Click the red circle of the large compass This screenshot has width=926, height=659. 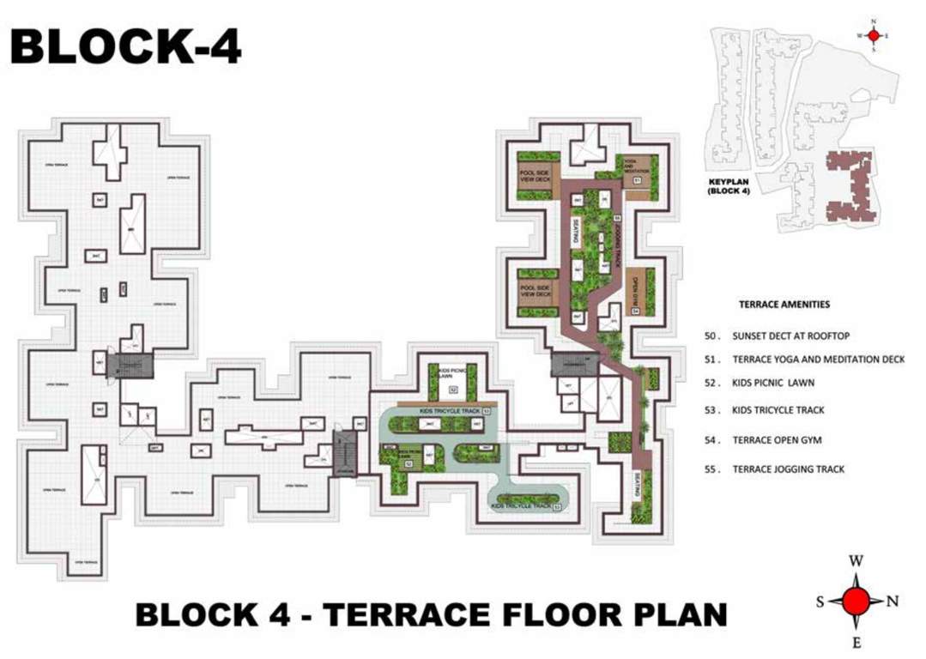tap(856, 601)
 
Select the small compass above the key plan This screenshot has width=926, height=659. tap(874, 35)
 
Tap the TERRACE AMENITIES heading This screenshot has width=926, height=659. tap(784, 305)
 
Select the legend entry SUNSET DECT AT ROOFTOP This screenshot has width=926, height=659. tap(790, 336)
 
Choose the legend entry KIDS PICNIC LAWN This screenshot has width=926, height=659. tap(772, 382)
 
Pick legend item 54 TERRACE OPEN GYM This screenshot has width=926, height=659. tap(776, 440)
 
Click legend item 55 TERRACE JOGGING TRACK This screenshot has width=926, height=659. tap(787, 469)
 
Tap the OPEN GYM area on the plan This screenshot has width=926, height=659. tap(637, 293)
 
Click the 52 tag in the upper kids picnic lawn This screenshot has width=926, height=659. tap(453, 390)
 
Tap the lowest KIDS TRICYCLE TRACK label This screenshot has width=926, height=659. tap(521, 506)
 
